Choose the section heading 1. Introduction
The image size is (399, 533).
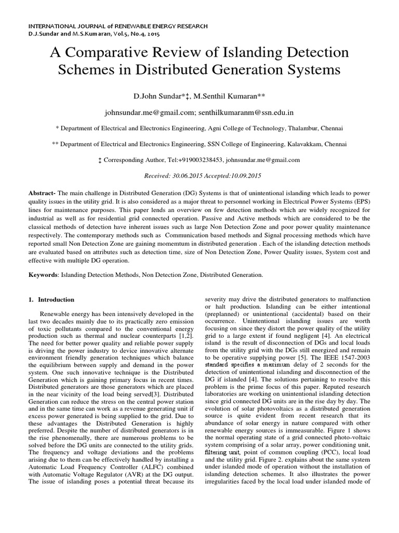pos(51,300)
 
